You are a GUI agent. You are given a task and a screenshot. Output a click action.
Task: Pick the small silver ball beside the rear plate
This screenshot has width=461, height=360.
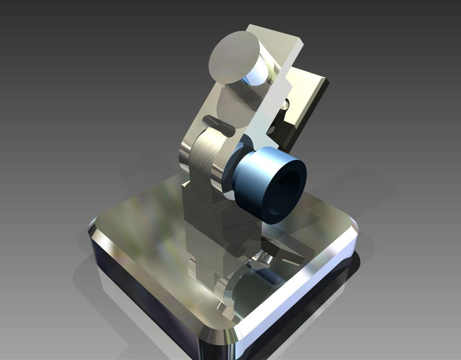click(x=286, y=105)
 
